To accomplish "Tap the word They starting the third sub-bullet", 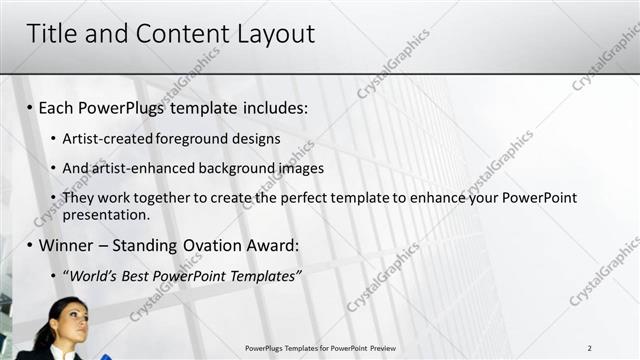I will [78, 198].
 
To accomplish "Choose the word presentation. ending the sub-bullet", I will [105, 214].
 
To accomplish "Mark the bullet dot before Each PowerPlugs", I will [30, 108].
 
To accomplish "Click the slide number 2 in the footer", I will [590, 348].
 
